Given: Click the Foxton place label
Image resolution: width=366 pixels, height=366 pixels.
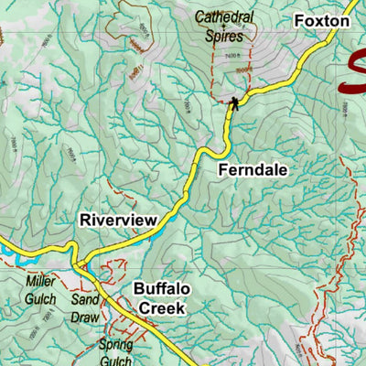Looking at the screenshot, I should point(320,20).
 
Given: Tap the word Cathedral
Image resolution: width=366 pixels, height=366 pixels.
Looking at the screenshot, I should point(224,17).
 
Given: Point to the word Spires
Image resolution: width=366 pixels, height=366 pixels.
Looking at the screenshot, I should point(224,37).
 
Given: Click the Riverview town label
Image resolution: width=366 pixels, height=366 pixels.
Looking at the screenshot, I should point(118,221).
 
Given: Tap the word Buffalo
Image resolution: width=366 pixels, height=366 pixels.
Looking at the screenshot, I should point(162,290).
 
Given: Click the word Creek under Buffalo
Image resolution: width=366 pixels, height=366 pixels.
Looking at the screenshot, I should point(162,308).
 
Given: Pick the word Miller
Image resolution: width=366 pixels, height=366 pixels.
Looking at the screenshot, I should point(40,282).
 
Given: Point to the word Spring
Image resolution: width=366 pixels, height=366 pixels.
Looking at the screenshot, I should point(116,345).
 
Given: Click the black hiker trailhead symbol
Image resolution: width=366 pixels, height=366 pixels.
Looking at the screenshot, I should point(234,102).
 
